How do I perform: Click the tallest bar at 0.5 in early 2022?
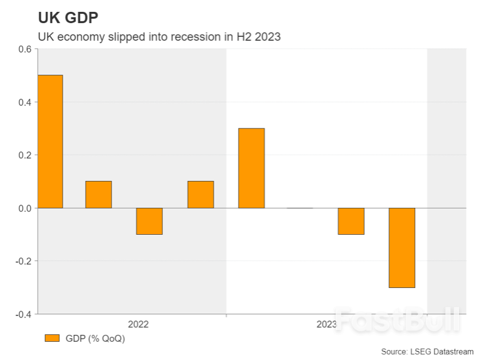(50, 141)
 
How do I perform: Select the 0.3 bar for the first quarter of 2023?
(251, 168)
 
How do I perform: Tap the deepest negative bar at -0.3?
(401, 247)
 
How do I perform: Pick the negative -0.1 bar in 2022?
(149, 221)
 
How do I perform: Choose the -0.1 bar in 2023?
(351, 221)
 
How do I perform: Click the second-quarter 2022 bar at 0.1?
(98, 194)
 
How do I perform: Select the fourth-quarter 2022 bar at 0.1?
(200, 194)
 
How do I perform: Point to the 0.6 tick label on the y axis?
(24, 49)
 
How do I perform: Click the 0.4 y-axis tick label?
(24, 102)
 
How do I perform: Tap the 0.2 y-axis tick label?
(24, 155)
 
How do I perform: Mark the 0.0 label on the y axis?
(24, 208)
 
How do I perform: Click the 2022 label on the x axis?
(138, 324)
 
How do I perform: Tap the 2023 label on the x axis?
(326, 324)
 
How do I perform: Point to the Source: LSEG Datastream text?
(427, 352)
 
